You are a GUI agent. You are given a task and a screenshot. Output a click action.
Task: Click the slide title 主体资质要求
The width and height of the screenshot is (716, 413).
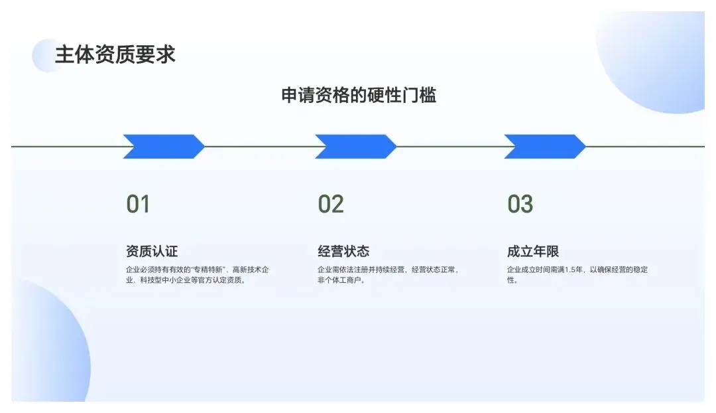coord(115,54)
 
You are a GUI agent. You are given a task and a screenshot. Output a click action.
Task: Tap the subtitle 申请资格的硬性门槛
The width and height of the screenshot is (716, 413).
coord(359,95)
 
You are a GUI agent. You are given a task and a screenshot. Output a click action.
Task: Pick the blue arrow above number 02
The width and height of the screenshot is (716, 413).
coord(355,146)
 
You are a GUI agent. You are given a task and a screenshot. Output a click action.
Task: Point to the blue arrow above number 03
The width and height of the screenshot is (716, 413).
coord(544,146)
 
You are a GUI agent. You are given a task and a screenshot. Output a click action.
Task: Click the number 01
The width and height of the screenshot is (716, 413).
coord(138,205)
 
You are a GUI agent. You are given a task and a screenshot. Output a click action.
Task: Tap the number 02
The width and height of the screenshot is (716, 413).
coord(331,205)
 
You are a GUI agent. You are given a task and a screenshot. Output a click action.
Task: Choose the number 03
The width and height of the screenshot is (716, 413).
coord(520,205)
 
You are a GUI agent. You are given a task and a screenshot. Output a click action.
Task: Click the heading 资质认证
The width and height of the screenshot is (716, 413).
coord(152,252)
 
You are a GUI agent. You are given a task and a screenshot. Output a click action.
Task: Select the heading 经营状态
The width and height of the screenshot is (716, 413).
coord(343,252)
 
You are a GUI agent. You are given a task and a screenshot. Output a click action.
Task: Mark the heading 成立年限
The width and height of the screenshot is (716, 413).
coord(533,252)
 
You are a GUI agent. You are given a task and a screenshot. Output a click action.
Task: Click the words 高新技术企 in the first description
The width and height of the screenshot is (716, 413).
coord(253,270)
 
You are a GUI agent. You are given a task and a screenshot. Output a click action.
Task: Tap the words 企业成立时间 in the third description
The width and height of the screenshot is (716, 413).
coord(531,270)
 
